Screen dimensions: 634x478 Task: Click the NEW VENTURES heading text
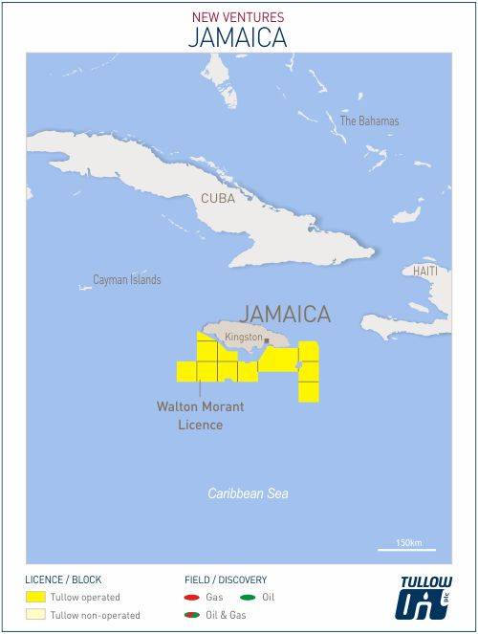238,16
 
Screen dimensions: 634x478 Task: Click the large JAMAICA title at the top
238,37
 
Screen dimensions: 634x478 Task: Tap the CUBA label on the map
218,198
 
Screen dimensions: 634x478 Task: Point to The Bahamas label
369,121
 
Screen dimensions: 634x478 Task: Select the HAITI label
425,271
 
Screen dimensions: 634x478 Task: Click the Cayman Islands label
126,280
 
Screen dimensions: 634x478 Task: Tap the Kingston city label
243,338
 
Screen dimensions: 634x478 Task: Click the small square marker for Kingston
267,341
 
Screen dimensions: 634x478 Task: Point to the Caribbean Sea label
249,493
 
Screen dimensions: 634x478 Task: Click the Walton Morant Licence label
200,415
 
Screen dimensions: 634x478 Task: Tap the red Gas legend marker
192,597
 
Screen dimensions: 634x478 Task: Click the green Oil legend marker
247,597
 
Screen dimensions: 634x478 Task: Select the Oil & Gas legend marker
192,615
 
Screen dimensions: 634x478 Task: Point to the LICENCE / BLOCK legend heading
63,579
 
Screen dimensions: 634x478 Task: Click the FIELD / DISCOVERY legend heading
226,579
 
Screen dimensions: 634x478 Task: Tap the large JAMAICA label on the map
286,314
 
